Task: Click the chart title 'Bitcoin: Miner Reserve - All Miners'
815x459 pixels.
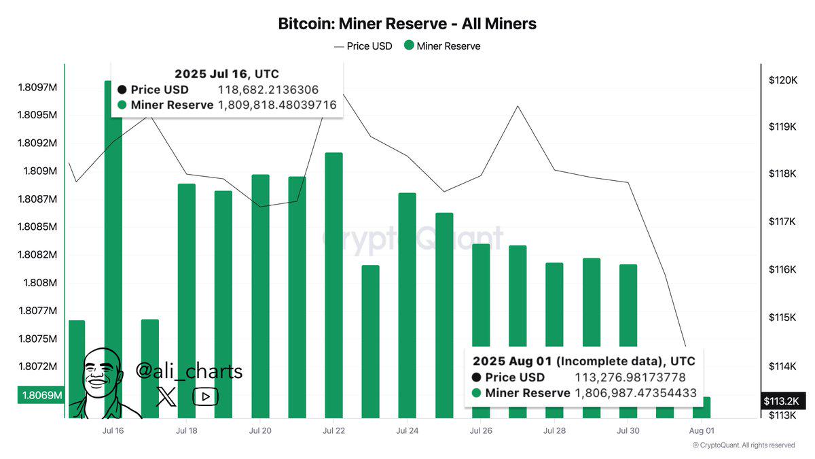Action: (407, 24)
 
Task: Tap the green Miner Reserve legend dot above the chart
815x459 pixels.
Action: (409, 46)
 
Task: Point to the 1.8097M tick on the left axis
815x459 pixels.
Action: (37, 87)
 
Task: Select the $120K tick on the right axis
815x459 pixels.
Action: (782, 80)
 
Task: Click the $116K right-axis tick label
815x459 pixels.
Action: (782, 270)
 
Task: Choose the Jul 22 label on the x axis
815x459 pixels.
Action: (333, 430)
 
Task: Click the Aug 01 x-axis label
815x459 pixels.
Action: (702, 430)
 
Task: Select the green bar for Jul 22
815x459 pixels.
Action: (333, 286)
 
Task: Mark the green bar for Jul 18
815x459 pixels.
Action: (186, 299)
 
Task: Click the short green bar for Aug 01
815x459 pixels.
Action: (702, 407)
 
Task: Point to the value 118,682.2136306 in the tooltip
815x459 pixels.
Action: (268, 90)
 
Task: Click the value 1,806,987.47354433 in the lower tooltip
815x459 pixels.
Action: (635, 393)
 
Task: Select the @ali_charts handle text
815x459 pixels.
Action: (189, 371)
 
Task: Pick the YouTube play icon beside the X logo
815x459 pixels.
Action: (205, 397)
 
